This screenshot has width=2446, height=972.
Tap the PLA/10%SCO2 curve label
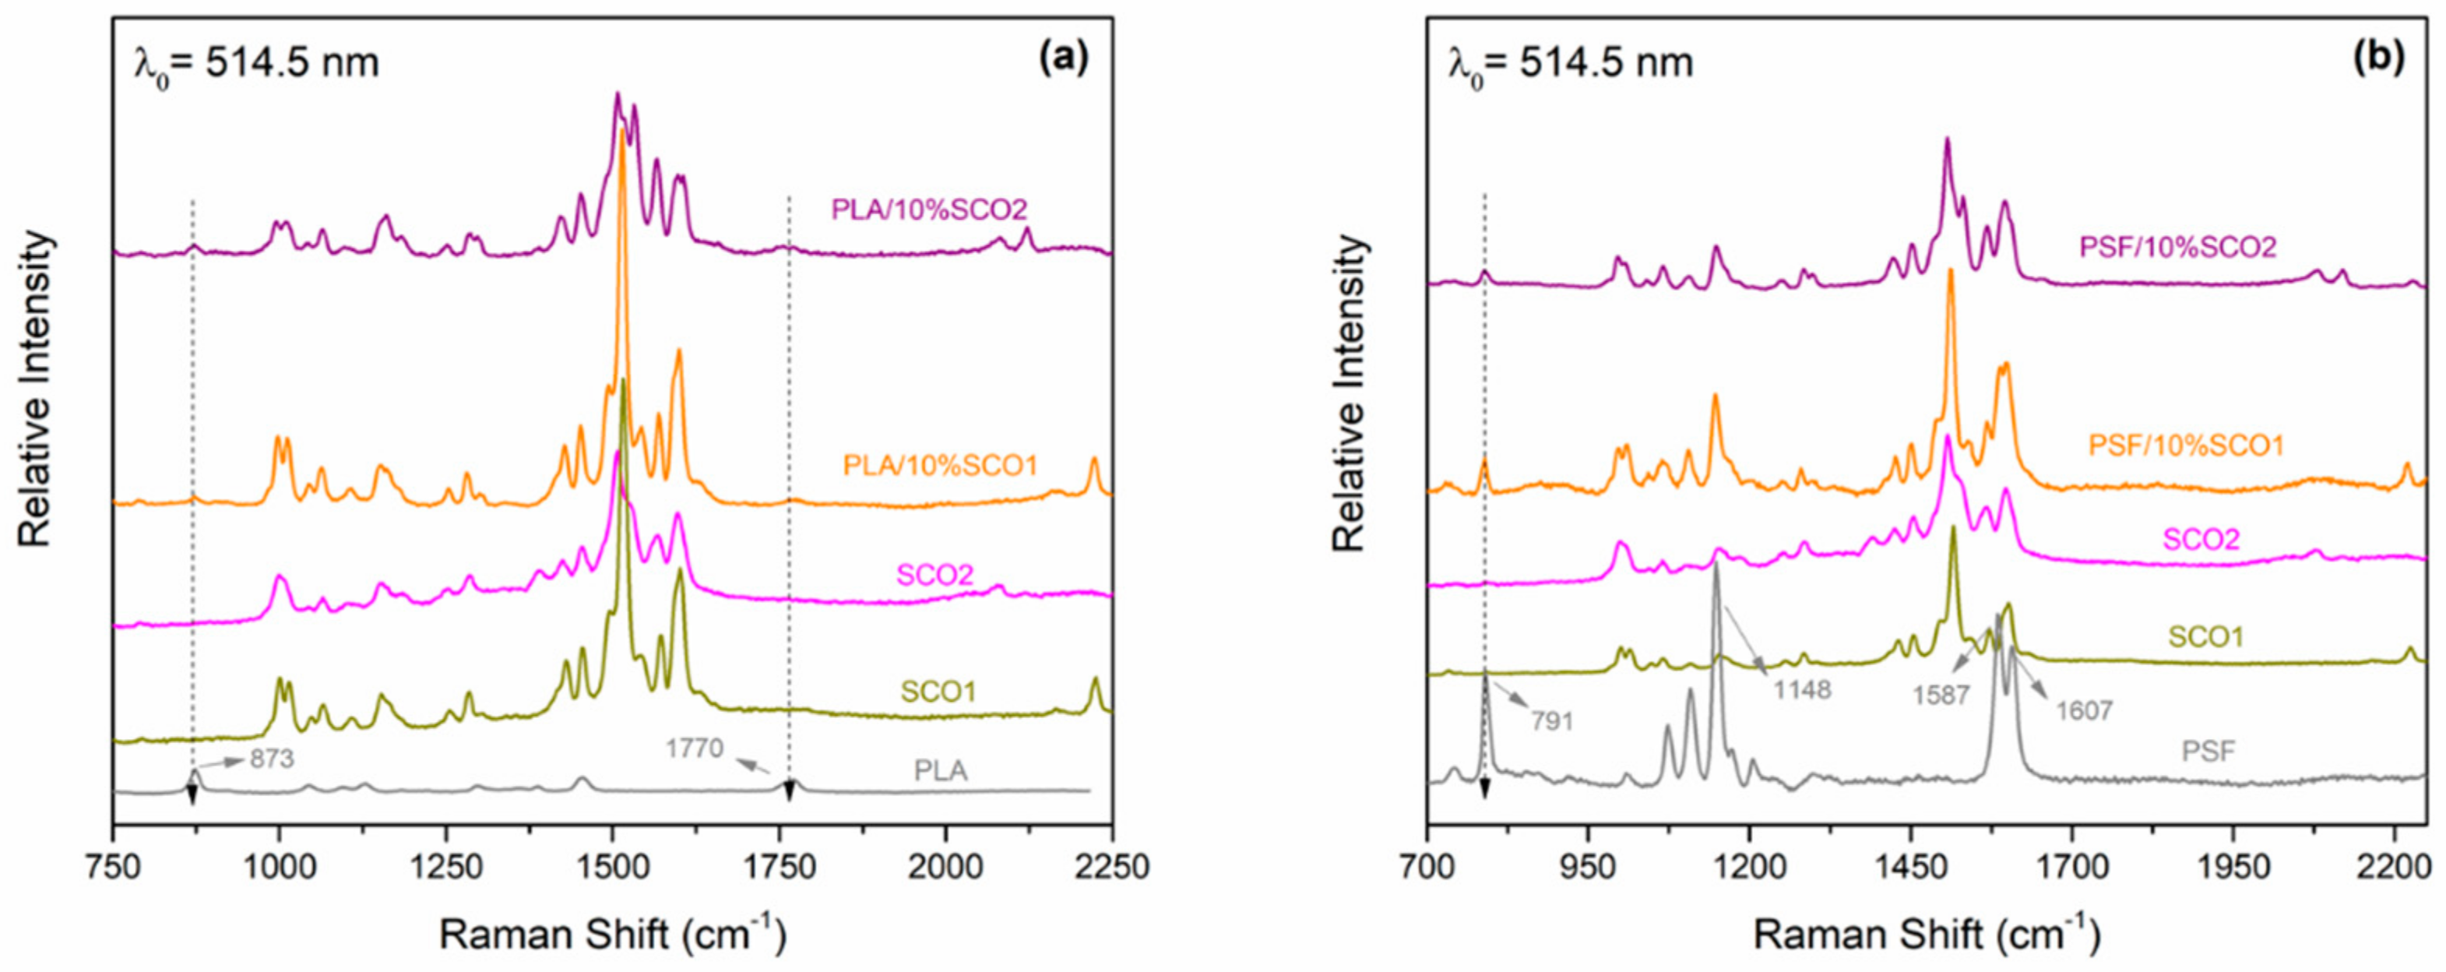(x=929, y=210)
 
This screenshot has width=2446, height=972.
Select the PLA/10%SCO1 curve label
(x=940, y=465)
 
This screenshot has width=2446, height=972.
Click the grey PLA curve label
(x=940, y=769)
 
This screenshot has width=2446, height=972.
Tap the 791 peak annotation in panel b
(x=1551, y=721)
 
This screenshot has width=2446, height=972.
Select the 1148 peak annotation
(x=1802, y=689)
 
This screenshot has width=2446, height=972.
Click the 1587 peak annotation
(x=1941, y=696)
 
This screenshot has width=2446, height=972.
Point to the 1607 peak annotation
(x=2084, y=710)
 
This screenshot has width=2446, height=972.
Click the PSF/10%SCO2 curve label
(x=2177, y=248)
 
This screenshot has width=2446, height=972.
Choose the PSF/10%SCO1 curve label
(x=2186, y=445)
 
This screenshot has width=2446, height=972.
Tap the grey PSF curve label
(x=2208, y=752)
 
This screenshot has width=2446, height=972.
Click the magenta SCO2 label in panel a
(x=935, y=576)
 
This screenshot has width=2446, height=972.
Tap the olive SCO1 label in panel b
(x=2205, y=637)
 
